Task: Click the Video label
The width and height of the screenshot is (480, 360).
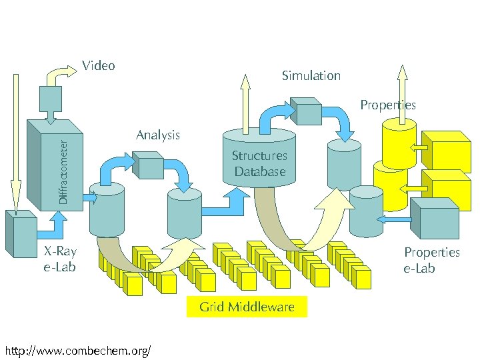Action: point(99,65)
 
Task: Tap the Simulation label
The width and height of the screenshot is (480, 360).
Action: point(311,75)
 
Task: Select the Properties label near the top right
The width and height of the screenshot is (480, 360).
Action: point(387,105)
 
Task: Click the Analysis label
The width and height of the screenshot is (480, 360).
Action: point(158,135)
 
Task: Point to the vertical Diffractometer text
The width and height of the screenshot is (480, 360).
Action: point(63,171)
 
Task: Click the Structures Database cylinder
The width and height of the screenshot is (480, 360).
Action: point(260,160)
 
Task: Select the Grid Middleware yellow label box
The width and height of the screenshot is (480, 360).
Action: point(247,307)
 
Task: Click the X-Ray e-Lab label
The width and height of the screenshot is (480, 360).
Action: point(60,259)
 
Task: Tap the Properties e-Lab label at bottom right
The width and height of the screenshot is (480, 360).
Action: point(431,260)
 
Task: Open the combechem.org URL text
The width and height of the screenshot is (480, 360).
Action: point(77,350)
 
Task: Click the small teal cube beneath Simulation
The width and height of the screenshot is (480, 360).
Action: point(309,111)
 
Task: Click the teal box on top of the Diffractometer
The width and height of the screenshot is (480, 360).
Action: point(51,100)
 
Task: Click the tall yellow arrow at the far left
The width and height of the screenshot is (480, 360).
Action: point(16,140)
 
